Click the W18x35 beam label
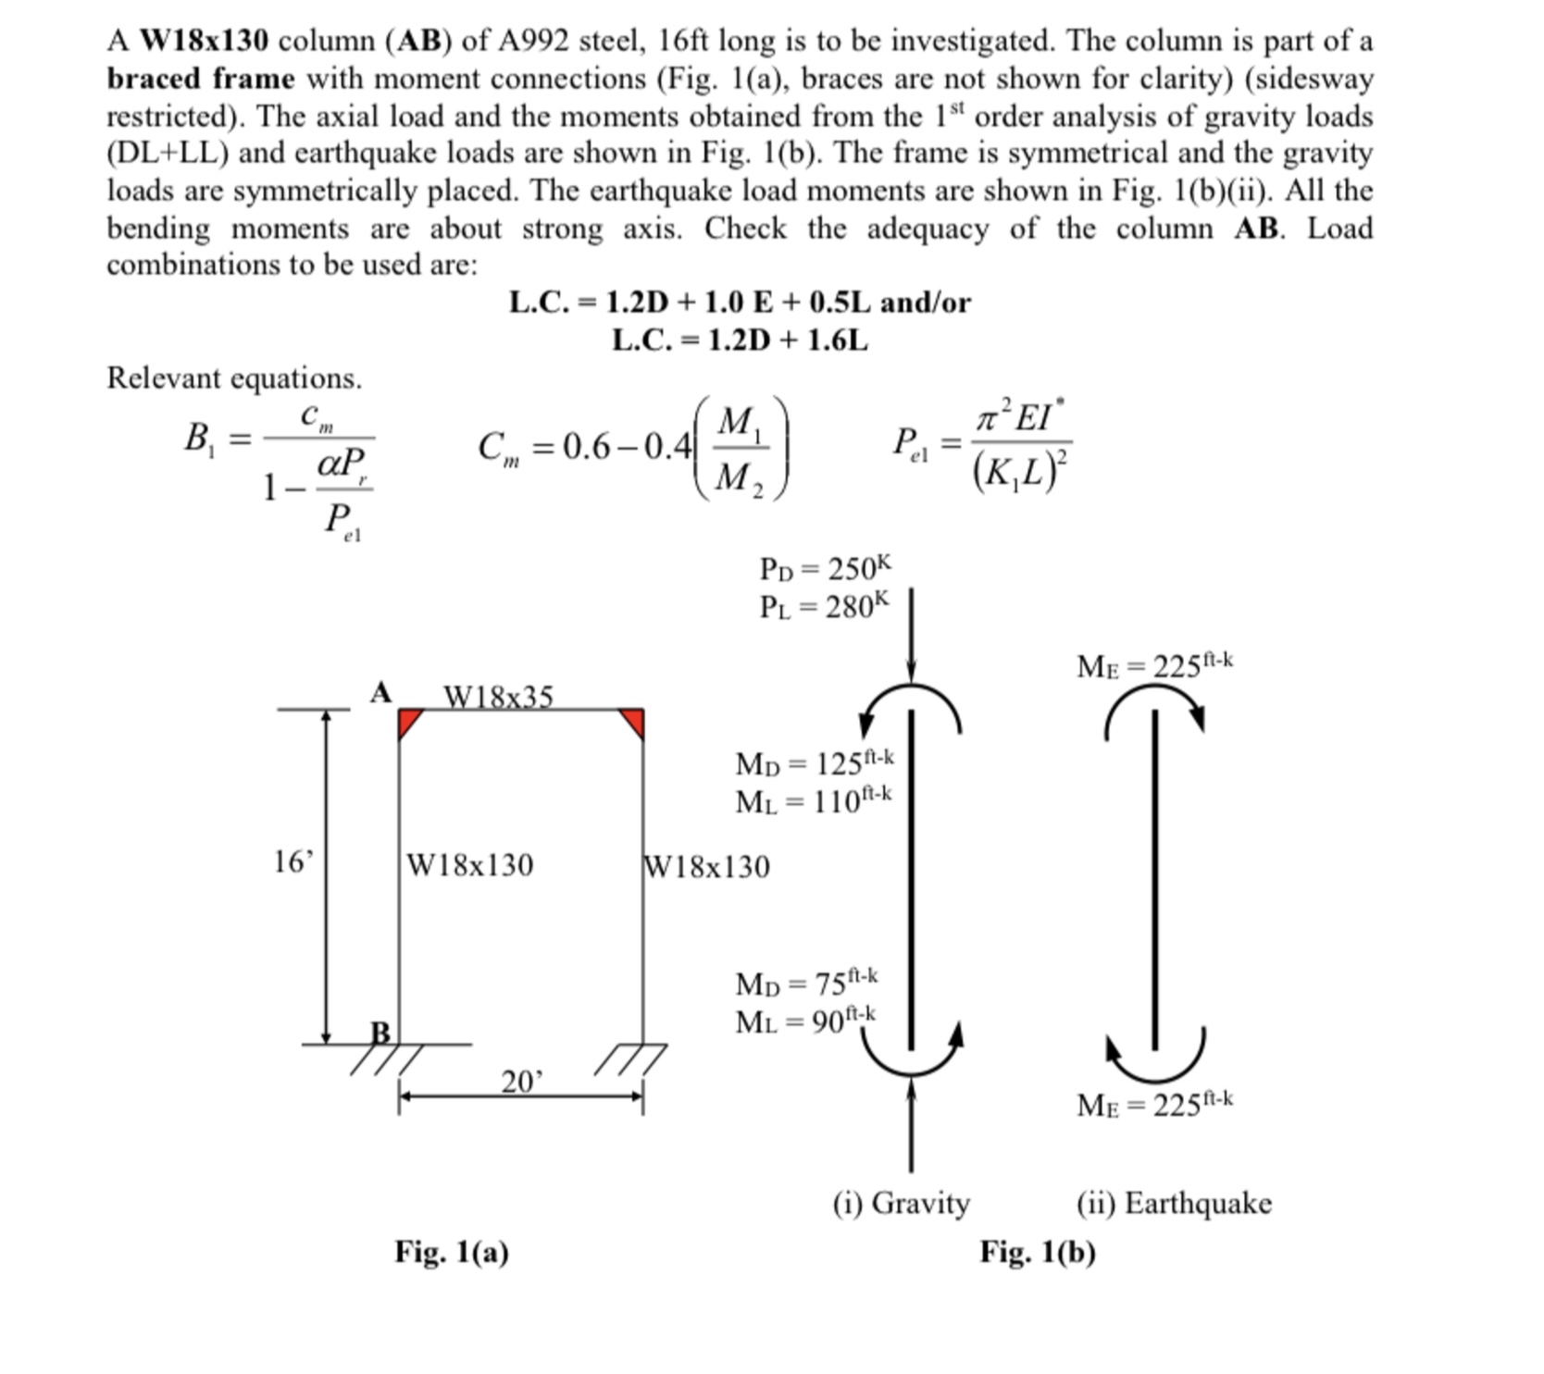[498, 695]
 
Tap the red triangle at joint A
[407, 720]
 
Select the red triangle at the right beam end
[634, 720]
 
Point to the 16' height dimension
[293, 862]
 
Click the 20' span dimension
[522, 1081]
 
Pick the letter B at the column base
[380, 1031]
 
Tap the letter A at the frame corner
[380, 692]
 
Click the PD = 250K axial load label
[825, 567]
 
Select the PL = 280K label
[824, 606]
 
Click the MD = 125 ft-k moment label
[815, 762]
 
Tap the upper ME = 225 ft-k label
[1154, 665]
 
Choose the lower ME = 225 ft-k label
[1154, 1104]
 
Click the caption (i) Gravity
[901, 1203]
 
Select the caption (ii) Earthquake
[1174, 1203]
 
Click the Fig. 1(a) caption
[452, 1251]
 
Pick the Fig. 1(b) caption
[1038, 1251]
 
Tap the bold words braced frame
[201, 79]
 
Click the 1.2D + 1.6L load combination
[740, 340]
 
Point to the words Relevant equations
[234, 378]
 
